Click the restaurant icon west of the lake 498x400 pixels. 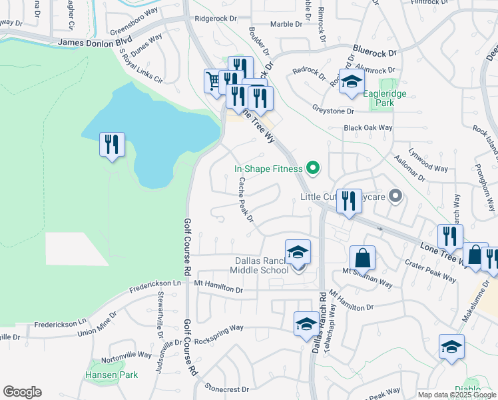[x=111, y=145]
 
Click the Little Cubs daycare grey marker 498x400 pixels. [x=395, y=196]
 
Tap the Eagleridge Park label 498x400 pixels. [x=384, y=99]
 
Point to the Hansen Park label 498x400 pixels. [x=111, y=375]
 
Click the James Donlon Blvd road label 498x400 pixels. [x=95, y=42]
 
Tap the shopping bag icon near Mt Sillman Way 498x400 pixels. [x=362, y=257]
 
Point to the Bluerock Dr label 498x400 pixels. [x=374, y=51]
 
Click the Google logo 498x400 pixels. [x=22, y=391]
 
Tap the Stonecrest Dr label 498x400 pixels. [x=227, y=388]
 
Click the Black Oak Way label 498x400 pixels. [x=368, y=127]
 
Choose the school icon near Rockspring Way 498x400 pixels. [x=306, y=323]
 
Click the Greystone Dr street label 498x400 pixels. [x=333, y=111]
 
